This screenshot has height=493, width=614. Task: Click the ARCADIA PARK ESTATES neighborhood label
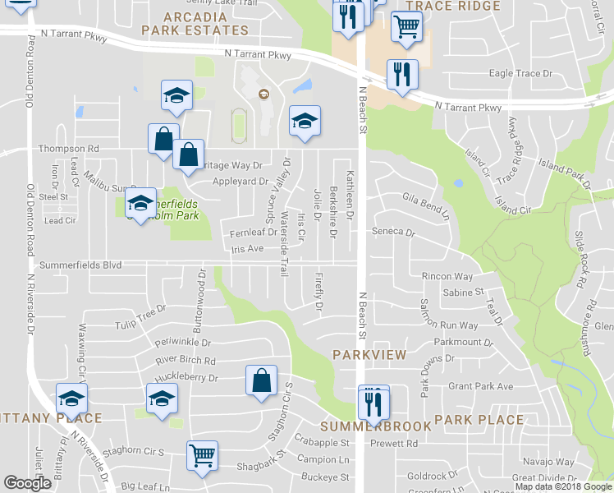pyautogui.click(x=195, y=24)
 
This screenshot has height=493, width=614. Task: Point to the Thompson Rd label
pyautogui.click(x=69, y=149)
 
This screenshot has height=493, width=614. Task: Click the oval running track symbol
pyautogui.click(x=238, y=125)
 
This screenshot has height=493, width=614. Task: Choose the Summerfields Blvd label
pyautogui.click(x=80, y=265)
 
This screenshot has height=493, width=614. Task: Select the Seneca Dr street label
pyautogui.click(x=394, y=232)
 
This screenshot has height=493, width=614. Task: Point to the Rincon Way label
pyautogui.click(x=447, y=277)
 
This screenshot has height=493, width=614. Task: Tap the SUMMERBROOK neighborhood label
pyautogui.click(x=376, y=427)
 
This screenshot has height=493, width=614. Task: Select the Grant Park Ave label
pyautogui.click(x=480, y=386)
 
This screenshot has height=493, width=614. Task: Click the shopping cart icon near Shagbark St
pyautogui.click(x=202, y=454)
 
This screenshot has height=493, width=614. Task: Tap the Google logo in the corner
pyautogui.click(x=28, y=483)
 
